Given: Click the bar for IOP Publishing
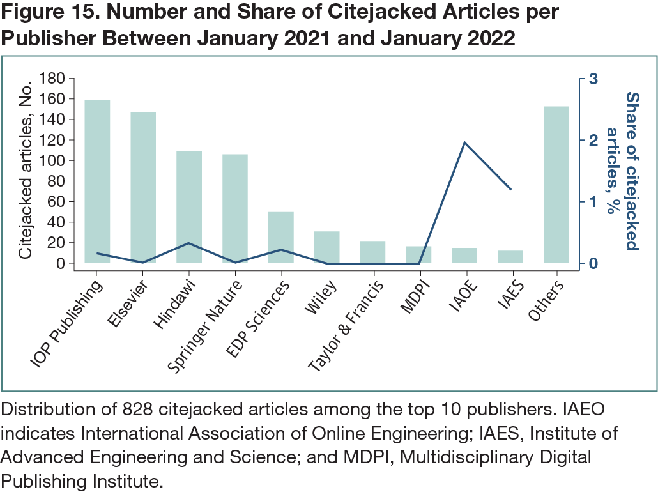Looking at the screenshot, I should (x=97, y=181).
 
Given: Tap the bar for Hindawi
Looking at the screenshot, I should (x=189, y=207).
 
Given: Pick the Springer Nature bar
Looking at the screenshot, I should (x=235, y=208).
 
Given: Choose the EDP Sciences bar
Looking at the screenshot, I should (x=281, y=237).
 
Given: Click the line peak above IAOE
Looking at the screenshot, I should (x=465, y=142).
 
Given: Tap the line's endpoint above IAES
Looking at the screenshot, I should (x=511, y=190).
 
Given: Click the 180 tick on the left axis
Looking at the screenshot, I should (x=52, y=79).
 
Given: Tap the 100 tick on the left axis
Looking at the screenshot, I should (x=52, y=160).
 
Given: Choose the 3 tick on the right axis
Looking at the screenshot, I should (x=593, y=79).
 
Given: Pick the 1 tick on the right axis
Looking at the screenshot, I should (x=593, y=202).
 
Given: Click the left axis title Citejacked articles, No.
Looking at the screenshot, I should (x=26, y=171).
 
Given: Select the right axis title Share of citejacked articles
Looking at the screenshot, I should (x=623, y=171).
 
